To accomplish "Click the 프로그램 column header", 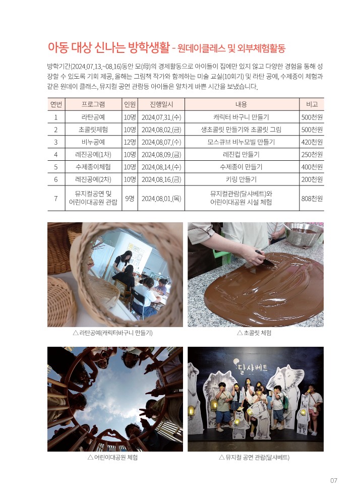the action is tap(93, 104).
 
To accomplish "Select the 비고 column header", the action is tap(312, 104).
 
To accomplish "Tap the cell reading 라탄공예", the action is tap(93, 117).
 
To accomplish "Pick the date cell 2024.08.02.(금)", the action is tap(161, 130).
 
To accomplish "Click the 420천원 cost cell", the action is tap(312, 142).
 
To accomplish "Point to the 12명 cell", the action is tap(130, 142).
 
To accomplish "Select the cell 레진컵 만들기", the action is tap(242, 155).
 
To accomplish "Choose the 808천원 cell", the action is tap(312, 199).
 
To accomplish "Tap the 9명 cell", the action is tap(130, 199).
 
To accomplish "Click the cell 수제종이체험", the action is tap(93, 167).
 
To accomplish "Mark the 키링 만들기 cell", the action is tap(242, 179).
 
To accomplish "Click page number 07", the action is tap(334, 480).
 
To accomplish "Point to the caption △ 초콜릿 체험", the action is tap(254, 333).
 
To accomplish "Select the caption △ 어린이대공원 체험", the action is tap(112, 458).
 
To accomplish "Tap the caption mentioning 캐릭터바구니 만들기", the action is tap(112, 333).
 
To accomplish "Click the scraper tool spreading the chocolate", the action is tap(265, 259).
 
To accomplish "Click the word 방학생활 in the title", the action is tap(149, 47).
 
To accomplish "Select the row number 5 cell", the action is tap(56, 167).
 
